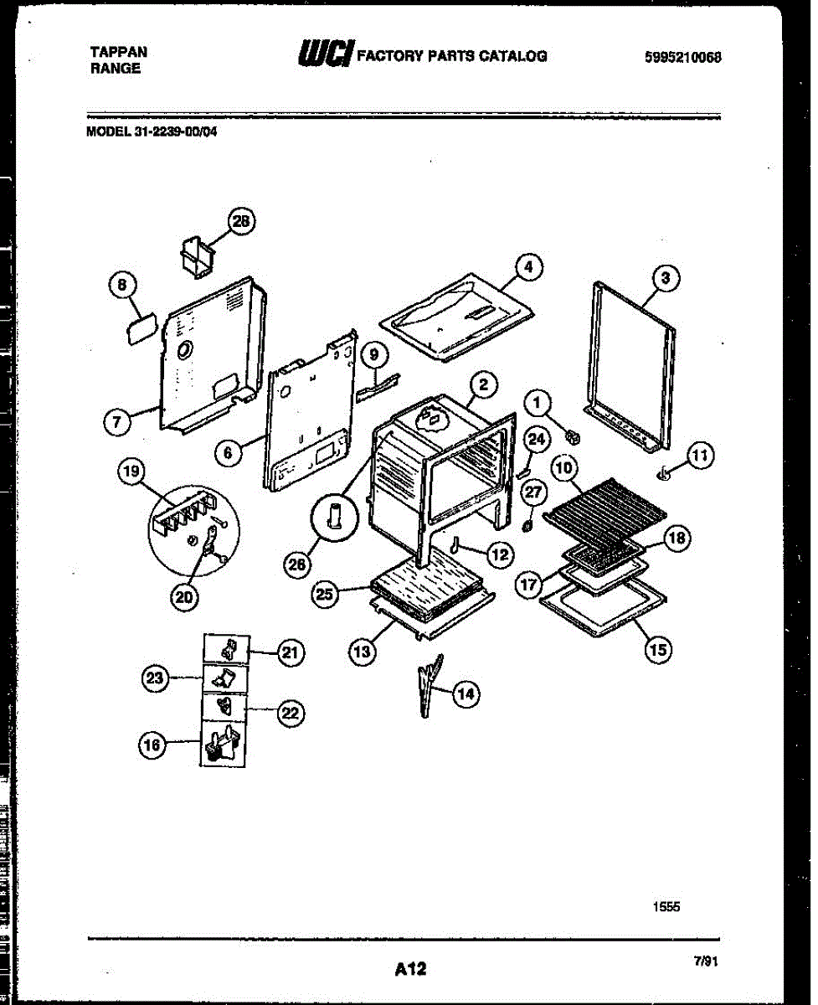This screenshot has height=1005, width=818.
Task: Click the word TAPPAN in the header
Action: pyautogui.click(x=118, y=52)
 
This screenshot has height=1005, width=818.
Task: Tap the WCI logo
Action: pyautogui.click(x=325, y=54)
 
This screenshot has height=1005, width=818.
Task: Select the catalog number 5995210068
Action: pyautogui.click(x=683, y=57)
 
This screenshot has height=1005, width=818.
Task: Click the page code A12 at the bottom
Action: pyautogui.click(x=410, y=969)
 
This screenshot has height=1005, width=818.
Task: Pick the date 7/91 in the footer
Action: pyautogui.click(x=706, y=962)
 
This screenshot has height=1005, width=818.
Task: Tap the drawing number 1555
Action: pyautogui.click(x=666, y=905)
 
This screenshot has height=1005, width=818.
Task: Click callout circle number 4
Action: pyautogui.click(x=527, y=267)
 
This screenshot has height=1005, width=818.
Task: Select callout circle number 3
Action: pyautogui.click(x=666, y=279)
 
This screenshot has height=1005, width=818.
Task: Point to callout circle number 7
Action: pyautogui.click(x=117, y=423)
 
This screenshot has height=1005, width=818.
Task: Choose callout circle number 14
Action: pyautogui.click(x=466, y=693)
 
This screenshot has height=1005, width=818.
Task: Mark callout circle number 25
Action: pyautogui.click(x=325, y=595)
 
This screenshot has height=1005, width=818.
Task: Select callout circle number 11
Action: pyautogui.click(x=701, y=456)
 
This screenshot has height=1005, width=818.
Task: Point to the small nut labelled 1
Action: pyautogui.click(x=574, y=436)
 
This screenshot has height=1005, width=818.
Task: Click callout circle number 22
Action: pyautogui.click(x=291, y=714)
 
